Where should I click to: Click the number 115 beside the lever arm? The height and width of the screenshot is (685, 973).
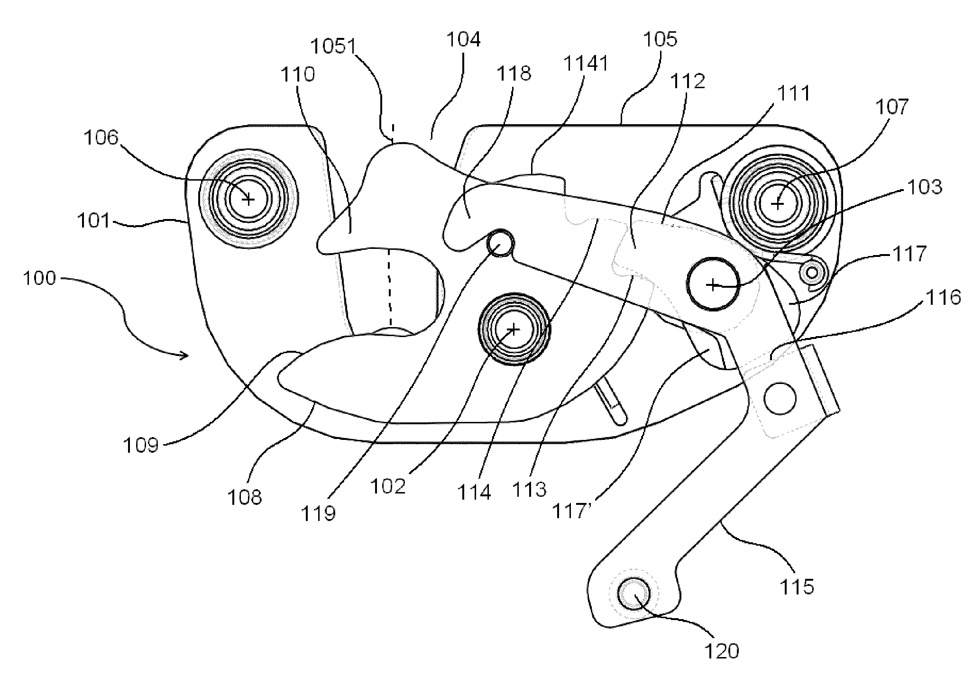coord(797,586)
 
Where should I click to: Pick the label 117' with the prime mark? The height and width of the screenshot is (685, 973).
coord(570,511)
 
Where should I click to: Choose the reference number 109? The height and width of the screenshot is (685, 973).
coord(140,445)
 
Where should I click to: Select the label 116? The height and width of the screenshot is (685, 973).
coord(944,297)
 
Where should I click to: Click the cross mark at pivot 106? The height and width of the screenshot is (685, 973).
coord(248,200)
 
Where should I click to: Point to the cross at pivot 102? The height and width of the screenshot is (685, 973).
coord(514,329)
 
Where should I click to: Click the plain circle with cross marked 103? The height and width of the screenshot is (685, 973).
coord(713,284)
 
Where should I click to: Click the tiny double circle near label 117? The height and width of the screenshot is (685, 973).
coord(813,273)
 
